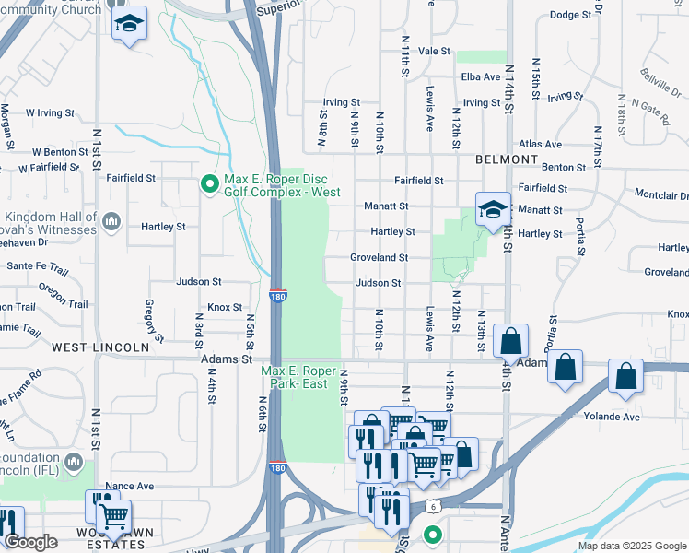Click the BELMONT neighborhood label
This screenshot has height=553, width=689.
pos(507,159)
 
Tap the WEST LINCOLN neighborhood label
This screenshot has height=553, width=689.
pos(100,347)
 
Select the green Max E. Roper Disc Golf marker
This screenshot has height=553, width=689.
pos(210,184)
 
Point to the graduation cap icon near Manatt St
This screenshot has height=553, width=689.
pos(493,209)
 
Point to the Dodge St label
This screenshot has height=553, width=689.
pos(569,15)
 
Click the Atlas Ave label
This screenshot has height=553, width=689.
pos(540,145)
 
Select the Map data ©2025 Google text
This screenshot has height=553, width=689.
pos(631,546)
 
